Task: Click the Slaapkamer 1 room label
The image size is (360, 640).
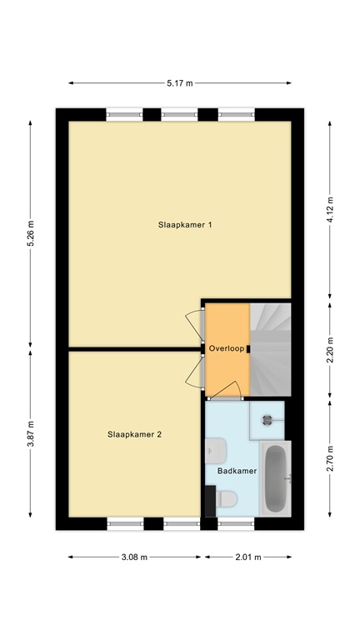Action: pyautogui.click(x=185, y=224)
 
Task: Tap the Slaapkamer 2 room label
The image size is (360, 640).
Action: pyautogui.click(x=134, y=435)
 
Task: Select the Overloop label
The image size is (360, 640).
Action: pyautogui.click(x=227, y=349)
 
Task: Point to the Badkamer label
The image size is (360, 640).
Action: pyautogui.click(x=237, y=471)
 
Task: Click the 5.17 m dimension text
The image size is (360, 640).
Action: pyautogui.click(x=180, y=83)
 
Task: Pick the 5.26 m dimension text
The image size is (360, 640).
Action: pyautogui.click(x=31, y=233)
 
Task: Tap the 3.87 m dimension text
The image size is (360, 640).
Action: pyautogui.click(x=31, y=434)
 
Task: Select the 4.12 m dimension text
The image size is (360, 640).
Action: pyautogui.click(x=330, y=209)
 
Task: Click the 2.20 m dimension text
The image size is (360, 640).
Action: pyautogui.click(x=330, y=350)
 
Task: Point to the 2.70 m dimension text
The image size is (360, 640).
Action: pyautogui.click(x=330, y=459)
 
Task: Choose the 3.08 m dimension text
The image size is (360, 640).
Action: pyautogui.click(x=134, y=557)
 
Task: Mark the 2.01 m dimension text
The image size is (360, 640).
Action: pyautogui.click(x=248, y=557)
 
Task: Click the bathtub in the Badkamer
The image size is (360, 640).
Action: pyautogui.click(x=276, y=478)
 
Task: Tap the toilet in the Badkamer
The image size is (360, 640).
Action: pyautogui.click(x=227, y=499)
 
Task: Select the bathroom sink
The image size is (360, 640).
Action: pyautogui.click(x=216, y=451)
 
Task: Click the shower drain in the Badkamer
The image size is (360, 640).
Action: pyautogui.click(x=267, y=420)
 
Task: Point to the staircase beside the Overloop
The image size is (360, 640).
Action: pyautogui.click(x=270, y=349)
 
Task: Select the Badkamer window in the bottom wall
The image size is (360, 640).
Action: pyautogui.click(x=236, y=524)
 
